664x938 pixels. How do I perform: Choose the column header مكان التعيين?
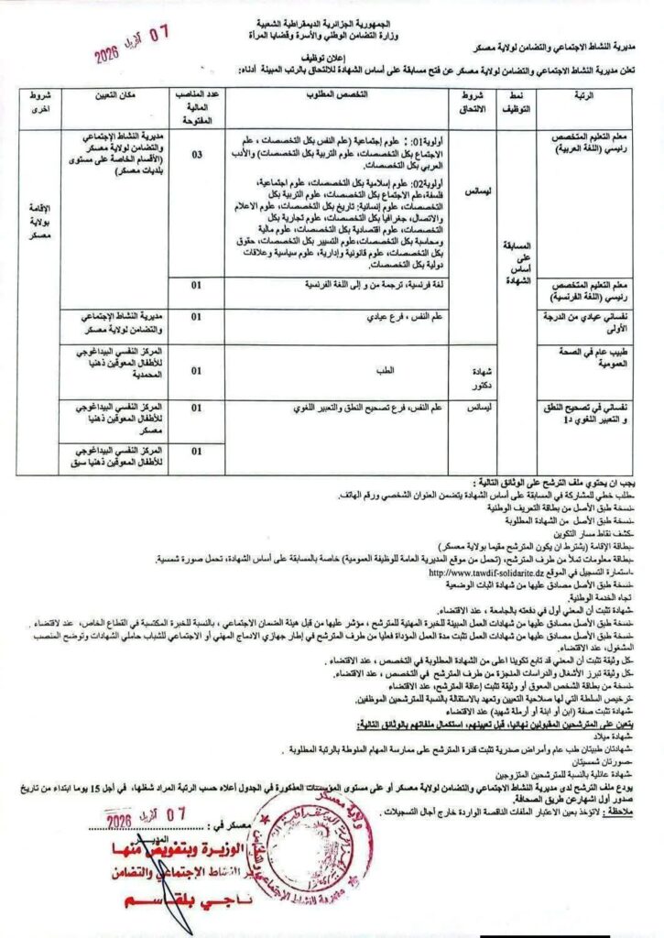click(119, 96)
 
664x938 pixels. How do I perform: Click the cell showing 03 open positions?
click(197, 155)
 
